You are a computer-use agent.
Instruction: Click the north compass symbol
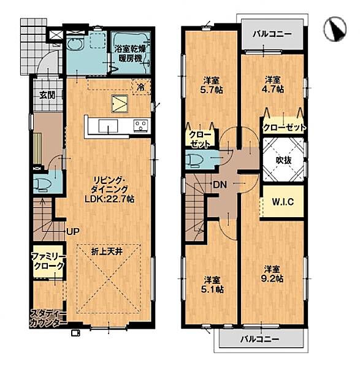(335, 29)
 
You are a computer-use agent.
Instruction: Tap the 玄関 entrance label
(47, 95)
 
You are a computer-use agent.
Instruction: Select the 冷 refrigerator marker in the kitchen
(141, 88)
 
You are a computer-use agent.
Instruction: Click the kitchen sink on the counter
(108, 126)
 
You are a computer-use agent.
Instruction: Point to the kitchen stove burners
(141, 126)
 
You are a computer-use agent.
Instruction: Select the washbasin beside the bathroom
(75, 45)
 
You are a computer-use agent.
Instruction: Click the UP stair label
(73, 232)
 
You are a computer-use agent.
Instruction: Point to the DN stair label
(220, 185)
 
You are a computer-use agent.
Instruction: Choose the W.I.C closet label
(283, 202)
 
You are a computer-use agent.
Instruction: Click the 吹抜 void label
(283, 160)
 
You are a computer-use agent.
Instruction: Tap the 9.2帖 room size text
(272, 279)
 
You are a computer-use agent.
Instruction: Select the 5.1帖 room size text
(212, 289)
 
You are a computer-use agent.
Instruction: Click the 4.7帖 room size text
(273, 90)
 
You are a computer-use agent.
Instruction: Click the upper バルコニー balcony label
(272, 34)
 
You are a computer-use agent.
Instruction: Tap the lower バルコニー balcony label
(260, 339)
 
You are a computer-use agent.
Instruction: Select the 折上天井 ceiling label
(107, 252)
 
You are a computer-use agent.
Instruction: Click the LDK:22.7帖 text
(110, 199)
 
